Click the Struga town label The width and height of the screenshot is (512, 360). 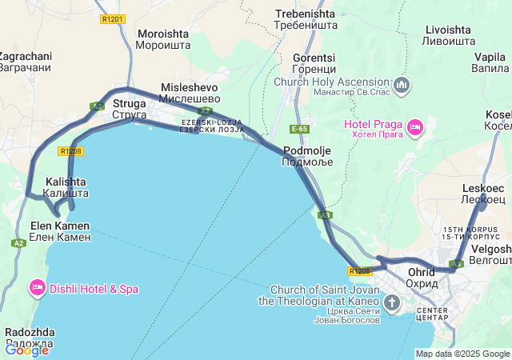pos(129,109)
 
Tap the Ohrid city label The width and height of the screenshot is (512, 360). pos(421,277)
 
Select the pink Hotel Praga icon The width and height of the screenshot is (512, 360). pos(415,126)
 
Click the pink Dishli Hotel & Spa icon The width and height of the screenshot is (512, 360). pos(37,288)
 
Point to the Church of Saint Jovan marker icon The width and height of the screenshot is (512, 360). pos(392,303)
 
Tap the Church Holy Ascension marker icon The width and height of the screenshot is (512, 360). pos(402,85)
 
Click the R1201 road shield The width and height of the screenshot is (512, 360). pos(114,18)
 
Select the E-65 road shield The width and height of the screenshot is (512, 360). pos(300,129)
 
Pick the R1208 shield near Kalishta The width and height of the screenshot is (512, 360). pos(71,150)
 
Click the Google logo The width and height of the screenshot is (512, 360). pos(27,350)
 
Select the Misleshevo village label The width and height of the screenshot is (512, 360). pos(190,92)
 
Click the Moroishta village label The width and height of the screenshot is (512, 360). pos(164,40)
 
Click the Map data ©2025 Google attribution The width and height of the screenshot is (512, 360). pos(463,354)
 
